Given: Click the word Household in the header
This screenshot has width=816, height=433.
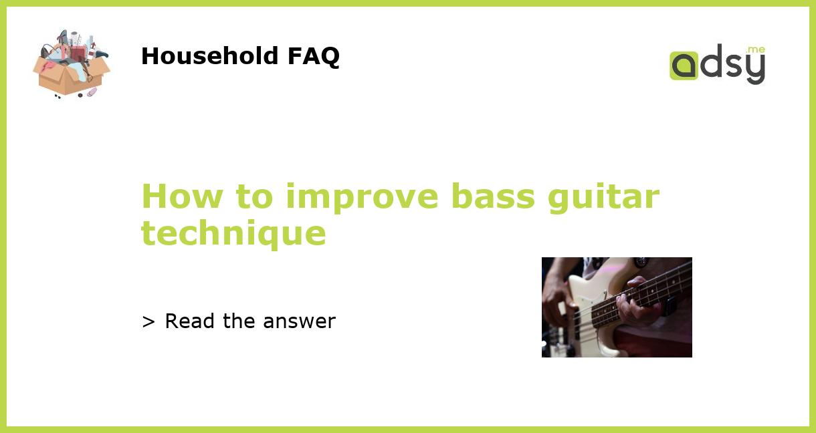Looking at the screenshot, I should [x=211, y=56].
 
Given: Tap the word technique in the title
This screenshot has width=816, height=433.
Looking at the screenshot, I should [x=233, y=234].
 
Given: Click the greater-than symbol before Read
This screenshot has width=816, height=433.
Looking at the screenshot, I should [x=148, y=321].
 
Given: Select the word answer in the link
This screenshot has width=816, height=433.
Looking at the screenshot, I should [x=299, y=322].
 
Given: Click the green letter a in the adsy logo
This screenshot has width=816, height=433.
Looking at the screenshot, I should [x=684, y=66].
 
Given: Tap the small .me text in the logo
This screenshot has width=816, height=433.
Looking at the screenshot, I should [x=755, y=50].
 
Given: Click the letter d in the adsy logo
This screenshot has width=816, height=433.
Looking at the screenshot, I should [x=710, y=63].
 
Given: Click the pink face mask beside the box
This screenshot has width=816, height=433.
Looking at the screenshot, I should [x=92, y=92].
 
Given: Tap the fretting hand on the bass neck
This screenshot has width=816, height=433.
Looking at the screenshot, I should [x=635, y=304].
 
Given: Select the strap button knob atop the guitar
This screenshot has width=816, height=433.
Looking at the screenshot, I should [x=641, y=262].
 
